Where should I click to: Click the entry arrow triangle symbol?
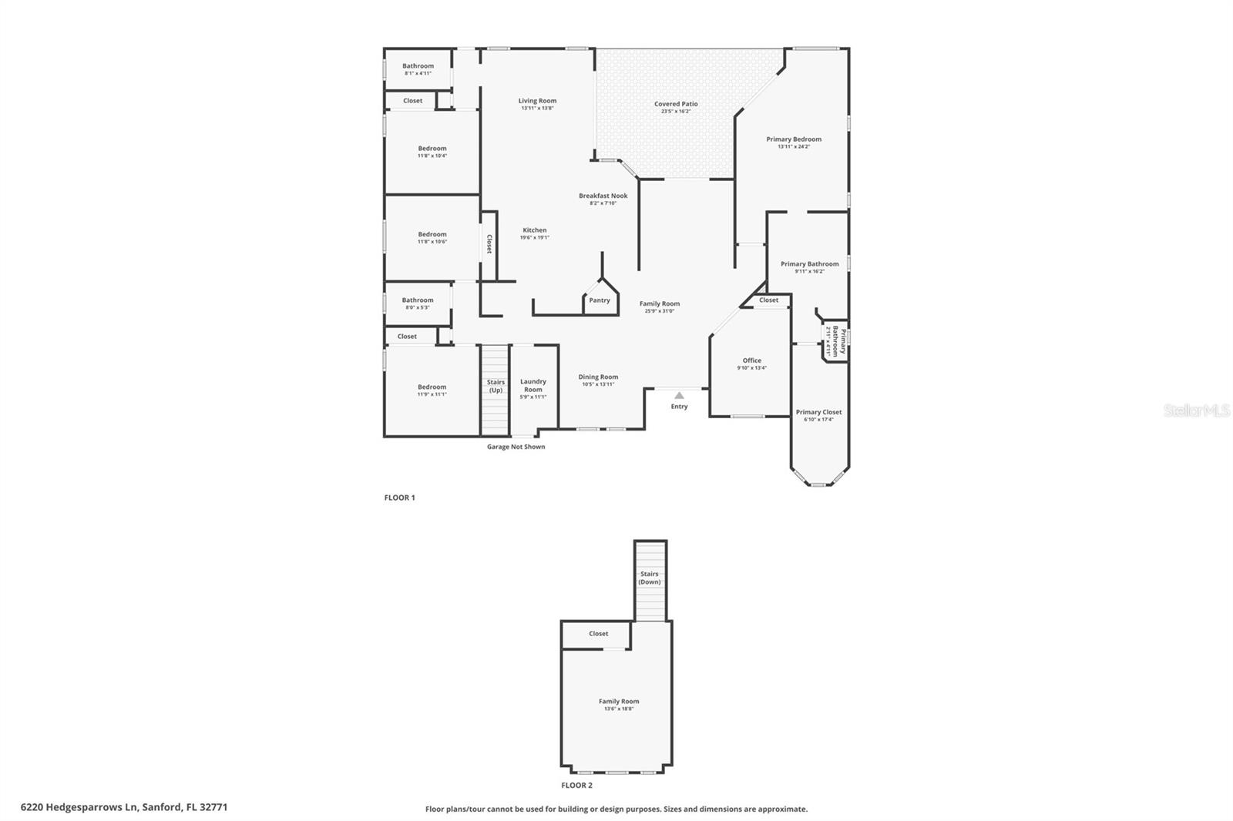tap(679, 396)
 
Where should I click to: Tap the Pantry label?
tap(600, 300)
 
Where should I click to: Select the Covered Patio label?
tap(676, 104)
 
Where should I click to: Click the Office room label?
tap(752, 360)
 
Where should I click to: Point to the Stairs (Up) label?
tap(496, 386)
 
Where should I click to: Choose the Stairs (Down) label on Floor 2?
tap(650, 578)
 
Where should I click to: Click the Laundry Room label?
tap(533, 385)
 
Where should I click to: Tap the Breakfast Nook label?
tap(603, 196)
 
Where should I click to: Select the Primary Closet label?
tap(818, 412)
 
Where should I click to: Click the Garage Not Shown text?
tap(516, 447)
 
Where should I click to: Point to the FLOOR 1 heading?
tap(399, 498)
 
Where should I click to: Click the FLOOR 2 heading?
tap(576, 786)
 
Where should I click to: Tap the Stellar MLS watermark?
tap(1196, 410)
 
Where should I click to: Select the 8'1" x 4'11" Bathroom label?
tap(418, 69)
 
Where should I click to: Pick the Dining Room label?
tap(599, 377)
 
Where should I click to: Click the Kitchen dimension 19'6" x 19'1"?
tap(534, 238)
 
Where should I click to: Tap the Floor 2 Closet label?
tap(599, 634)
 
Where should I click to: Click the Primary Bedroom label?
tap(794, 139)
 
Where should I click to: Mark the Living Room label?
tap(537, 101)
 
